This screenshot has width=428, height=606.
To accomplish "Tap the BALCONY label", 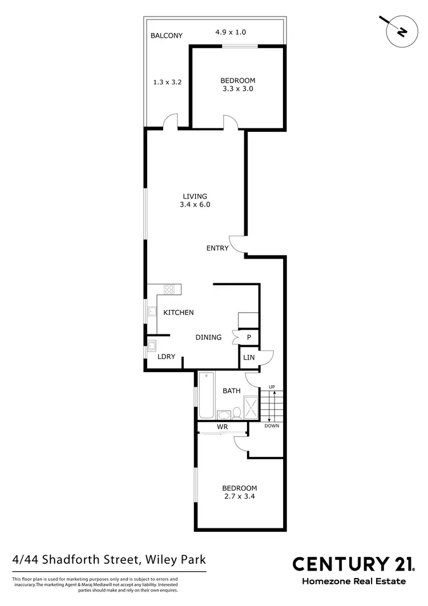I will coord(166,35).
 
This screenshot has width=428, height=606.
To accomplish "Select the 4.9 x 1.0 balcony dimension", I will coord(231,32).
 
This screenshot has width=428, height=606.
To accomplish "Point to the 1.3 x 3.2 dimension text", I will coord(167,82).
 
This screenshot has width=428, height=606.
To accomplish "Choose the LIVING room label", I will coord(195,196).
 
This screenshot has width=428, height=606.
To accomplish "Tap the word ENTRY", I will coord(217,248).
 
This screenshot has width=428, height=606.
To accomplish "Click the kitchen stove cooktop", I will coord(169,289).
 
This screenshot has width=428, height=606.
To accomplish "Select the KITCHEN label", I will coord(179,313).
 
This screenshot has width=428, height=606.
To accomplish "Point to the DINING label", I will coord(208,337).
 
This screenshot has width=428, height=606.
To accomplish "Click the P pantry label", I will coord(249,337).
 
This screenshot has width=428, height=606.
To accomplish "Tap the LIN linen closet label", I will coord(249,358).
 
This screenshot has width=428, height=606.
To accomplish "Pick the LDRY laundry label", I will coord(166,357).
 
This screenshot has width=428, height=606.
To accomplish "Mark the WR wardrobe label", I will coord(223,427).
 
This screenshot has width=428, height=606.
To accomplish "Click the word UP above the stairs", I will coord(272,388).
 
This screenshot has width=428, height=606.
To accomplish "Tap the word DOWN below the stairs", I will coord(272,426).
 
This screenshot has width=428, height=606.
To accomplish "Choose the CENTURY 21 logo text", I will coord(353,564).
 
